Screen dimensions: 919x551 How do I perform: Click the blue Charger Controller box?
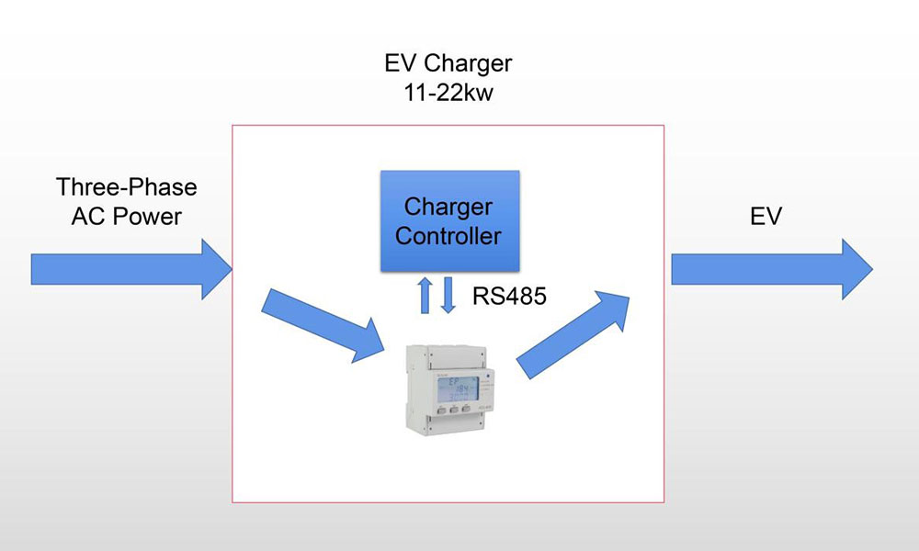point(449,220)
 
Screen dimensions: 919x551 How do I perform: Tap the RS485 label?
point(509,296)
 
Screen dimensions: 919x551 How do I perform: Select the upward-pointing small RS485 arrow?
point(425,295)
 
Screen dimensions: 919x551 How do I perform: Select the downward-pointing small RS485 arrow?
point(448,295)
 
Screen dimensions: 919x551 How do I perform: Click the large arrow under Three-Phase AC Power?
point(131,269)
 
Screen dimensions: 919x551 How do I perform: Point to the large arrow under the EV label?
point(772,269)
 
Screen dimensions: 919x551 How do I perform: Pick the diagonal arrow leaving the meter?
point(573,335)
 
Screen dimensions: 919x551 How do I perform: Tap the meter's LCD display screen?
point(457,388)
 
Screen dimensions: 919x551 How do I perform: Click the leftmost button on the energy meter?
point(441,409)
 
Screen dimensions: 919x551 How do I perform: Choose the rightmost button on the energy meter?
point(466,409)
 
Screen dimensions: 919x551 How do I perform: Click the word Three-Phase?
point(127,187)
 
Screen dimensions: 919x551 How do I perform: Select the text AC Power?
point(127,217)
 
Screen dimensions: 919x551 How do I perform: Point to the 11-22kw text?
point(448,93)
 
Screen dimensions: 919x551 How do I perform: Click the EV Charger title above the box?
point(448,63)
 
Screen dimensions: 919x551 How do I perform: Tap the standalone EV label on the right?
point(766,217)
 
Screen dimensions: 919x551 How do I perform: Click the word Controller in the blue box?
point(448,236)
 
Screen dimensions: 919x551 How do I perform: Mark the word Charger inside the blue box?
point(448,208)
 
